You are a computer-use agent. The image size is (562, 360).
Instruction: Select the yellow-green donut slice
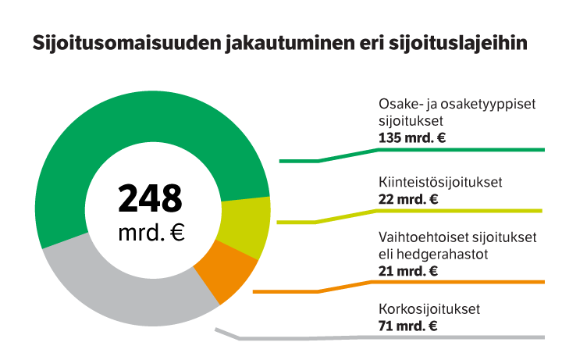[x=244, y=226]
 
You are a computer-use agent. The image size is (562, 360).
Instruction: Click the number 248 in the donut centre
[x=151, y=198]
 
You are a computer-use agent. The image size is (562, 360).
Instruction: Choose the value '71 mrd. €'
[x=407, y=326]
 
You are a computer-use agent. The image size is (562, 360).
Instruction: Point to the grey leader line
[x=390, y=338]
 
